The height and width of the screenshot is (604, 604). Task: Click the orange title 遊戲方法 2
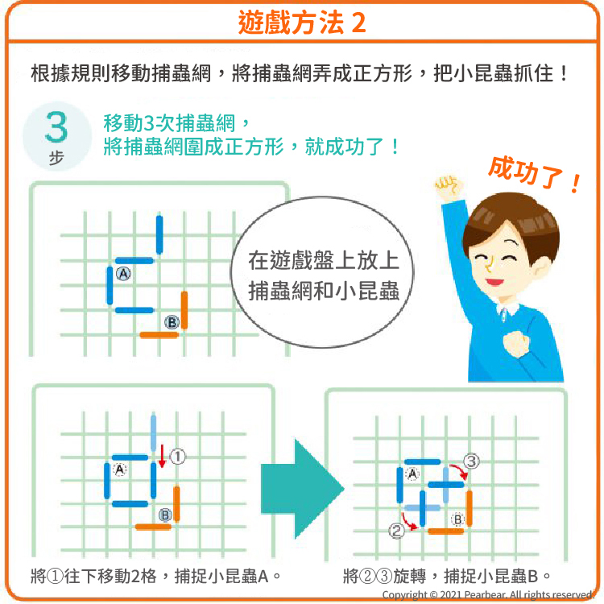(302, 23)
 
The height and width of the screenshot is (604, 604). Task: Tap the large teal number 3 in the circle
(56, 126)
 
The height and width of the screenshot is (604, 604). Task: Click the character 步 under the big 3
(56, 158)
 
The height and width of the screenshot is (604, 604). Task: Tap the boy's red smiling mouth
(494, 282)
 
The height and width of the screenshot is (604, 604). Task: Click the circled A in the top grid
(123, 274)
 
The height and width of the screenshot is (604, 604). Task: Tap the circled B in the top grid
(172, 322)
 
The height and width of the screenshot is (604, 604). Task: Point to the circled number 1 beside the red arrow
(177, 457)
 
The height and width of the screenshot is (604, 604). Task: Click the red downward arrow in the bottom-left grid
(162, 456)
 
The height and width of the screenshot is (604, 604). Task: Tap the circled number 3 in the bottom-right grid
(471, 461)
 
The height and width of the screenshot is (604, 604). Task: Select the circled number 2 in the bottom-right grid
(396, 531)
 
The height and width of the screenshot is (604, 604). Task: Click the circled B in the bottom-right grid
(457, 519)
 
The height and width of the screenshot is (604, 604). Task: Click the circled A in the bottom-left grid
(120, 470)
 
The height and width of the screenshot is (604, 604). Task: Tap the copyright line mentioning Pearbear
(487, 595)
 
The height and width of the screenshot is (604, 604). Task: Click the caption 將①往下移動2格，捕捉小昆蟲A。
(155, 577)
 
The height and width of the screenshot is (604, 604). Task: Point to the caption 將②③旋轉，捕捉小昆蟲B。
(447, 577)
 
